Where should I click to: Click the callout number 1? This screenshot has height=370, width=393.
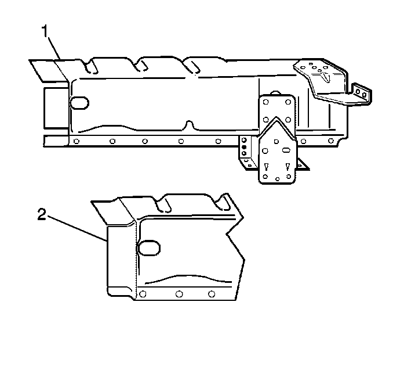coord(45,31)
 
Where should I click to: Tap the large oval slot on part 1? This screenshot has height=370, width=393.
coord(79,103)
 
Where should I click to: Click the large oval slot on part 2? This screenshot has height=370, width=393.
coord(148,248)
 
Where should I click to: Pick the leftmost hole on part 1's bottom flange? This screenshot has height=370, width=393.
coord(77,141)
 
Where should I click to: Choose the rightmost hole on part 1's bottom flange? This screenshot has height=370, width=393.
coord(331,141)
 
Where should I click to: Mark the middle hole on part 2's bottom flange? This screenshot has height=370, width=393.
coord(179,294)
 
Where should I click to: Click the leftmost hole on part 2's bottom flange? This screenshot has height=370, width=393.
coord(143,294)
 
